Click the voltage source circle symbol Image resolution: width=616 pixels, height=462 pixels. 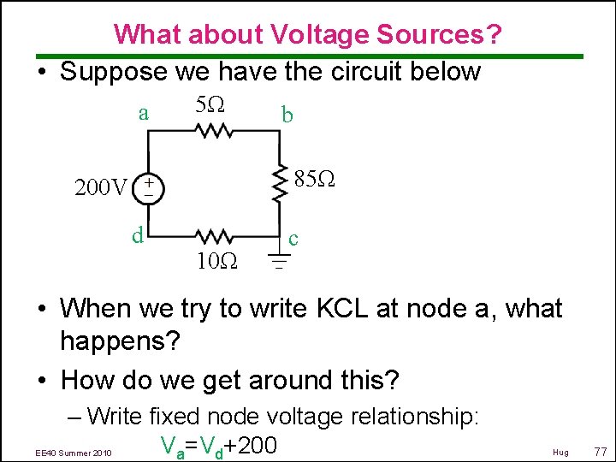click(149, 187)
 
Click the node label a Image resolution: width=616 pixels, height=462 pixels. click(144, 112)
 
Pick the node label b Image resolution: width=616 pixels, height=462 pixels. click(287, 115)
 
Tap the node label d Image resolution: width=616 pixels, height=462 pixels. click(137, 233)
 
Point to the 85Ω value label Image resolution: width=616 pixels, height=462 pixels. click(314, 180)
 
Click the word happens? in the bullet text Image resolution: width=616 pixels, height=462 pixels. click(120, 342)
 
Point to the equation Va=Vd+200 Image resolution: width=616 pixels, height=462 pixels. click(218, 445)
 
